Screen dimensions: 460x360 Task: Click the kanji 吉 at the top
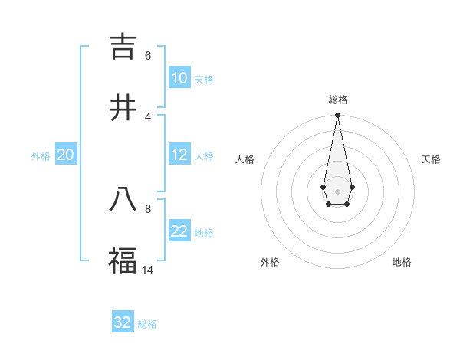[123, 47]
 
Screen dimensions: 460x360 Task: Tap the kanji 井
[123, 107]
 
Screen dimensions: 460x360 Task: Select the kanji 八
[123, 200]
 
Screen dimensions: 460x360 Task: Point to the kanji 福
[123, 260]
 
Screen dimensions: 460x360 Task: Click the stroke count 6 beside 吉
[147, 56]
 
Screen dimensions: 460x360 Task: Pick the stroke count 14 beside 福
[148, 270]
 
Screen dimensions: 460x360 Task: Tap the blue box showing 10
[179, 78]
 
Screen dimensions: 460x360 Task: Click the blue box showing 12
[179, 155]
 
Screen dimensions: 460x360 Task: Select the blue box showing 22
[179, 231]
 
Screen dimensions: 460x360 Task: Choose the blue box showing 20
[65, 155]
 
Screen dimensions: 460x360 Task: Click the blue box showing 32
[123, 322]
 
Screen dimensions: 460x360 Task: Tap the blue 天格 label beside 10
[203, 80]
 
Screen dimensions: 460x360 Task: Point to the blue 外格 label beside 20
[41, 156]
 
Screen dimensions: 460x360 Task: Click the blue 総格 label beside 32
[147, 324]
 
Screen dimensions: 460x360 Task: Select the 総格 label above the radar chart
[338, 100]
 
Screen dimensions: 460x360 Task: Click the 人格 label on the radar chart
[245, 159]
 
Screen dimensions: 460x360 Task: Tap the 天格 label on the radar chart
[431, 159]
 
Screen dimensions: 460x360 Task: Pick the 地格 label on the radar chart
[402, 262]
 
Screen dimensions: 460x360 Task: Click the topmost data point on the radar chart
[337, 116]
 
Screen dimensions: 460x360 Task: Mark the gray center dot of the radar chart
[337, 191]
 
